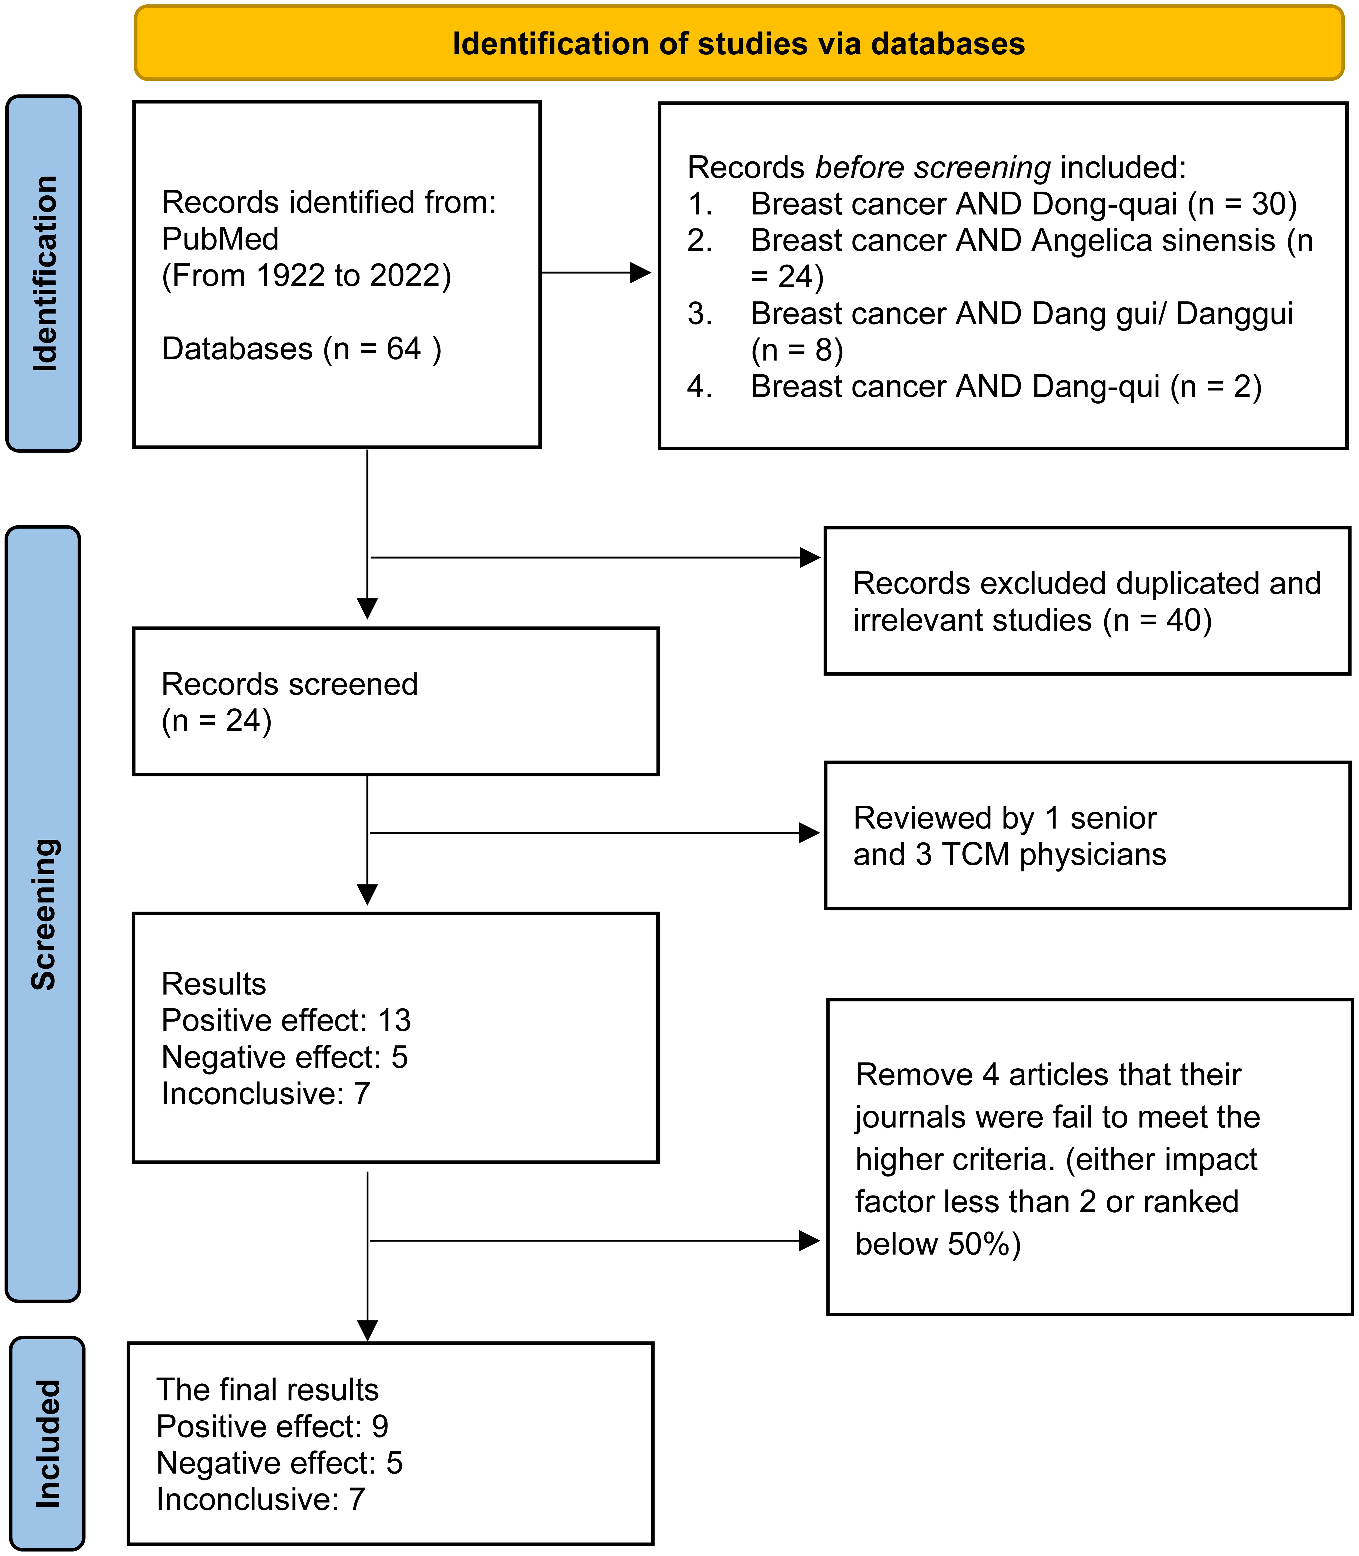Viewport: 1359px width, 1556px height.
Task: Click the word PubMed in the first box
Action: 220,239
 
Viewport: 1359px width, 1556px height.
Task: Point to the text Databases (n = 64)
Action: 301,349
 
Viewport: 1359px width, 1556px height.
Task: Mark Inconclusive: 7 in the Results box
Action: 265,1094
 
